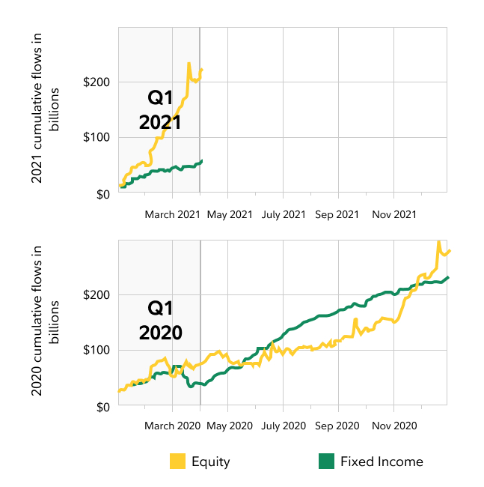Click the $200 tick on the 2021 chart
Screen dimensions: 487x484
coord(99,82)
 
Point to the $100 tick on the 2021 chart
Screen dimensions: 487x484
coord(99,137)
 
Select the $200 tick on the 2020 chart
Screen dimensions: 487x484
coord(99,294)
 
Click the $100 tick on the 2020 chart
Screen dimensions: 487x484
coord(99,350)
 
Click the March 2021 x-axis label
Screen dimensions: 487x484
coord(173,214)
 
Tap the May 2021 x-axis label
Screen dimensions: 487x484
coord(229,214)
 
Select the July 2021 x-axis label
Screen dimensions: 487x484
coord(284,214)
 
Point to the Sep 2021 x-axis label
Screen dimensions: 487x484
coord(337,214)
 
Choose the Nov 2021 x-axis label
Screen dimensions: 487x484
coord(393,214)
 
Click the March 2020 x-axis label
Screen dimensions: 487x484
coord(173,426)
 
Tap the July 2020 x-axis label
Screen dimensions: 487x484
coord(284,426)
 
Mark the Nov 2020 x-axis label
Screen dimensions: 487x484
coord(393,426)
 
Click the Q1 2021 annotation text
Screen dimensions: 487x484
coord(161,109)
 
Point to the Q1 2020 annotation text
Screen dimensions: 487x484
coord(161,320)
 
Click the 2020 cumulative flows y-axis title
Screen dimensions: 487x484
coord(45,324)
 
